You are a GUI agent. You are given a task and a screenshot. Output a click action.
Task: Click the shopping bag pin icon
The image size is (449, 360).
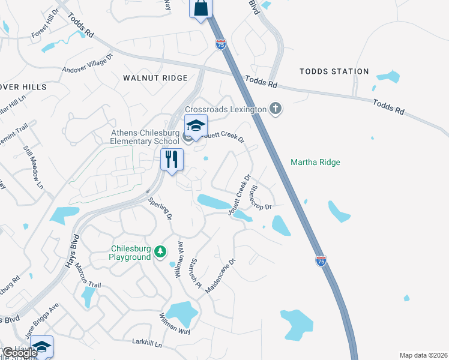tap(201, 8)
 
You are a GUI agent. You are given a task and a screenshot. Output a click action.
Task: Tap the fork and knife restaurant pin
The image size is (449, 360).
tap(172, 159)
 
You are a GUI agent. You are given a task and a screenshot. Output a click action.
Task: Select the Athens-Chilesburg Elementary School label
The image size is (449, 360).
tap(145, 137)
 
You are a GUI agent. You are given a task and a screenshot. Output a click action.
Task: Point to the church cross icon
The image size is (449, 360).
tap(276, 109)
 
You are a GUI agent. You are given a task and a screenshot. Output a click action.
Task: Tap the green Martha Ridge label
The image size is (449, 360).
tap(315, 162)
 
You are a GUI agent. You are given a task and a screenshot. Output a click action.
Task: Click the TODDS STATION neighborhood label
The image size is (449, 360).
tap(334, 71)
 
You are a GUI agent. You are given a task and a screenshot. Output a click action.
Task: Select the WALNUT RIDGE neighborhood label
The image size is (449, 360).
tap(155, 78)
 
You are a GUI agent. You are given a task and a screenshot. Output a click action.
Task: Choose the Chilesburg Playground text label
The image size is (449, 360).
tap(130, 253)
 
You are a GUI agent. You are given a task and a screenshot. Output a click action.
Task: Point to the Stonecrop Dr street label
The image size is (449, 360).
tap(261, 197)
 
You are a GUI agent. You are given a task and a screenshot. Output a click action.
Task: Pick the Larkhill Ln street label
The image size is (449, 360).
tap(147, 343)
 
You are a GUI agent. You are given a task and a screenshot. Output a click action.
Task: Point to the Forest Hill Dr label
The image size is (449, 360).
tap(46, 23)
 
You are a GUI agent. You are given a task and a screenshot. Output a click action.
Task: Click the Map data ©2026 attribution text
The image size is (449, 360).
tap(423, 355)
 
